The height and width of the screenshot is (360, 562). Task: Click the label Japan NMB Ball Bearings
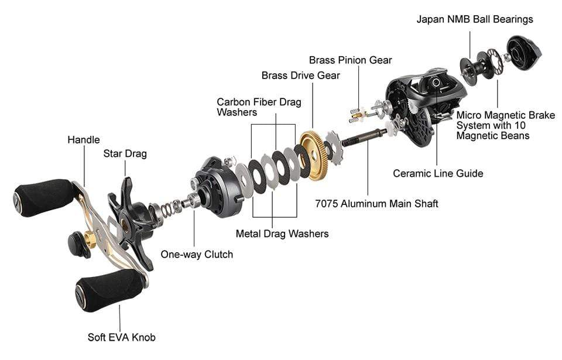point(475,19)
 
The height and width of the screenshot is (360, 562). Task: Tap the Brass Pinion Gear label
point(350,60)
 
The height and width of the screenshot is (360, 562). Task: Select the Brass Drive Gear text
point(300,76)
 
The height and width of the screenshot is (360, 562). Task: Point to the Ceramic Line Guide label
point(438,173)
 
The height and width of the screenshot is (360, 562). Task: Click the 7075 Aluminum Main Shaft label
point(376,204)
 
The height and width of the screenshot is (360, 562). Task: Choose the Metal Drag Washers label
point(282,234)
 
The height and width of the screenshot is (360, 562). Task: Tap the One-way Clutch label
point(197,255)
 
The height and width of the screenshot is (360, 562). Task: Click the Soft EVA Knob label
point(122,337)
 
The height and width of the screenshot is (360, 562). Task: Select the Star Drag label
point(125,154)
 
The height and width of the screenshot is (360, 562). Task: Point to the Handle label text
point(84,139)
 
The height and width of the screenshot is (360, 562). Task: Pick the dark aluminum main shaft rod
point(364,138)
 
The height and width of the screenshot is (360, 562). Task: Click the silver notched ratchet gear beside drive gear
point(335,148)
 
